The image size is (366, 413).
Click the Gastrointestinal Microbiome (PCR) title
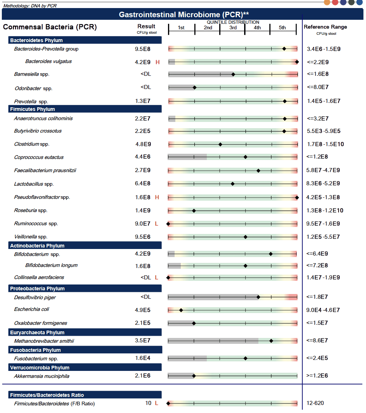tap(184, 15)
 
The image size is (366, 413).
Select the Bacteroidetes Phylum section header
tap(36, 40)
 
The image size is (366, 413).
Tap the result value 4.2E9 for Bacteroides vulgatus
tap(143, 62)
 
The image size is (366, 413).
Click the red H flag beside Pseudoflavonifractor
tap(157, 197)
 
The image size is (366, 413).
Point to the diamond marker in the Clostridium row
tap(220, 144)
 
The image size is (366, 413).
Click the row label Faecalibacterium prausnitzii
tap(45, 170)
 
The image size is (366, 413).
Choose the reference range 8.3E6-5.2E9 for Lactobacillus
tap(323, 184)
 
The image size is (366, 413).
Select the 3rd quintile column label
tap(233, 28)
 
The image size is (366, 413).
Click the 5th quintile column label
tap(282, 28)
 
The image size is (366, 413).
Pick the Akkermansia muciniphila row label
tap(41, 376)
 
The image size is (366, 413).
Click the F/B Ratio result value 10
tap(148, 403)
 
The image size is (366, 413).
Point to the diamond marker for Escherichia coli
tap(181, 310)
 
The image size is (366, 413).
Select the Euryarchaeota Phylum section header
tap(37, 332)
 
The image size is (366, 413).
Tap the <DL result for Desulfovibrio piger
tap(146, 297)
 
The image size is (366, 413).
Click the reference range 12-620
tap(315, 403)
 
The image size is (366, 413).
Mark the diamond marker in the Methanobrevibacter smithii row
tap(271, 341)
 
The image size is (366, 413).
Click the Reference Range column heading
tap(325, 27)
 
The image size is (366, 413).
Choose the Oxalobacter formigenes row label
tap(40, 323)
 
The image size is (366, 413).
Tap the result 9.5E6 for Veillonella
tap(143, 237)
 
